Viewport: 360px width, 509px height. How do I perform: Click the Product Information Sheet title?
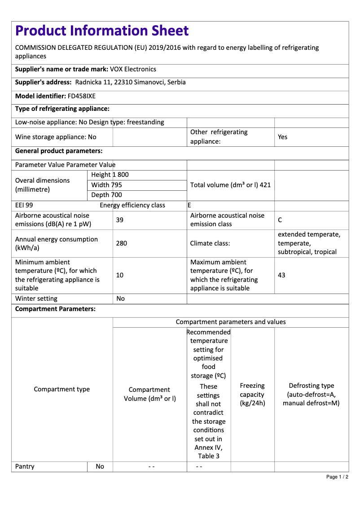(102, 31)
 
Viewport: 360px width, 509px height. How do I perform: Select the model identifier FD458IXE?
(81, 96)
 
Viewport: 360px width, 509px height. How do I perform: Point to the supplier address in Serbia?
(130, 82)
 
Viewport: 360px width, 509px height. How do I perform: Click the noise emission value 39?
(120, 220)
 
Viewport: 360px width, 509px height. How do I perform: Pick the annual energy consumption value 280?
(121, 243)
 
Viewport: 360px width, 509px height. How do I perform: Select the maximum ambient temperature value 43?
(281, 275)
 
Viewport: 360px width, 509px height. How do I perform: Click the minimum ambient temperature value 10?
(120, 275)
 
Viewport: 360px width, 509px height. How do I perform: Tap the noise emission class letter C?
(280, 220)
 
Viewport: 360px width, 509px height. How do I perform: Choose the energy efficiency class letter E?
(189, 205)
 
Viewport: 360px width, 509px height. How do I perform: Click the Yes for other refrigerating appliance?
(282, 137)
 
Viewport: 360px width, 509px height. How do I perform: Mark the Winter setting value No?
(120, 298)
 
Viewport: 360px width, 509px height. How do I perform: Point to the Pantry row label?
(25, 466)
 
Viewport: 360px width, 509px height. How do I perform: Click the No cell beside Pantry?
(100, 466)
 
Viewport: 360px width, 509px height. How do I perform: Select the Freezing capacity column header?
(252, 394)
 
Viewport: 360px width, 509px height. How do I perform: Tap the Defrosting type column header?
(311, 394)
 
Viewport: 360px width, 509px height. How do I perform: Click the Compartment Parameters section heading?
(55, 309)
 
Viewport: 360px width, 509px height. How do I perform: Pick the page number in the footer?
(337, 477)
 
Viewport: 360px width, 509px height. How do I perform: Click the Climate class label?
(210, 243)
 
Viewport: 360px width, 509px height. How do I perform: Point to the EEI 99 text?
(24, 205)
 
